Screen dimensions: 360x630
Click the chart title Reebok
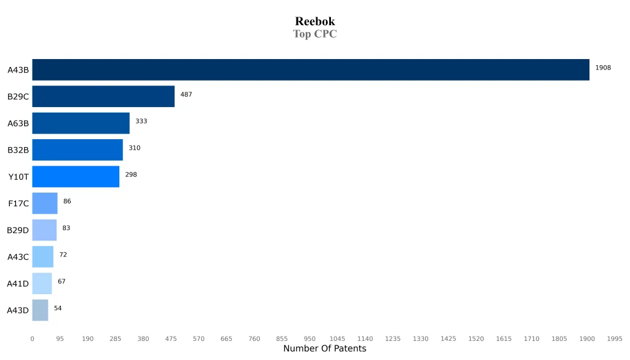tap(314, 22)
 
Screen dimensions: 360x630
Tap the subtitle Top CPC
tap(314, 34)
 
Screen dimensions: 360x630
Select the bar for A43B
tap(311, 70)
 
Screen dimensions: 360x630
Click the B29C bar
tap(103, 97)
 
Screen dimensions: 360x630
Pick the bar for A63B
tap(81, 123)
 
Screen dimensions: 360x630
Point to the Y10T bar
tap(76, 177)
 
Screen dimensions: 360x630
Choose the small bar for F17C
tap(45, 203)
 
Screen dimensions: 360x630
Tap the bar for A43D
tap(40, 310)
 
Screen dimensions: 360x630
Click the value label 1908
tap(603, 68)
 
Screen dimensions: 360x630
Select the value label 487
tap(186, 94)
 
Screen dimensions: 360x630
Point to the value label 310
tap(134, 148)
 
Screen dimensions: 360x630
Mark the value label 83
tap(66, 228)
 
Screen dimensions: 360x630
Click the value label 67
tap(62, 281)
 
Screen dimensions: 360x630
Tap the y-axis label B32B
tap(18, 150)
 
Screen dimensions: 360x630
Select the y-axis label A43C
tap(18, 257)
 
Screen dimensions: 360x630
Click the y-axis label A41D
tap(18, 284)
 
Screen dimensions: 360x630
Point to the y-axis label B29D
tap(18, 230)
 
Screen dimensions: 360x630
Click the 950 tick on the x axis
tap(309, 339)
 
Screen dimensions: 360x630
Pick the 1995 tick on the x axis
tap(615, 339)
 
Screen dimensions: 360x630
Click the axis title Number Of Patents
tap(324, 349)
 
